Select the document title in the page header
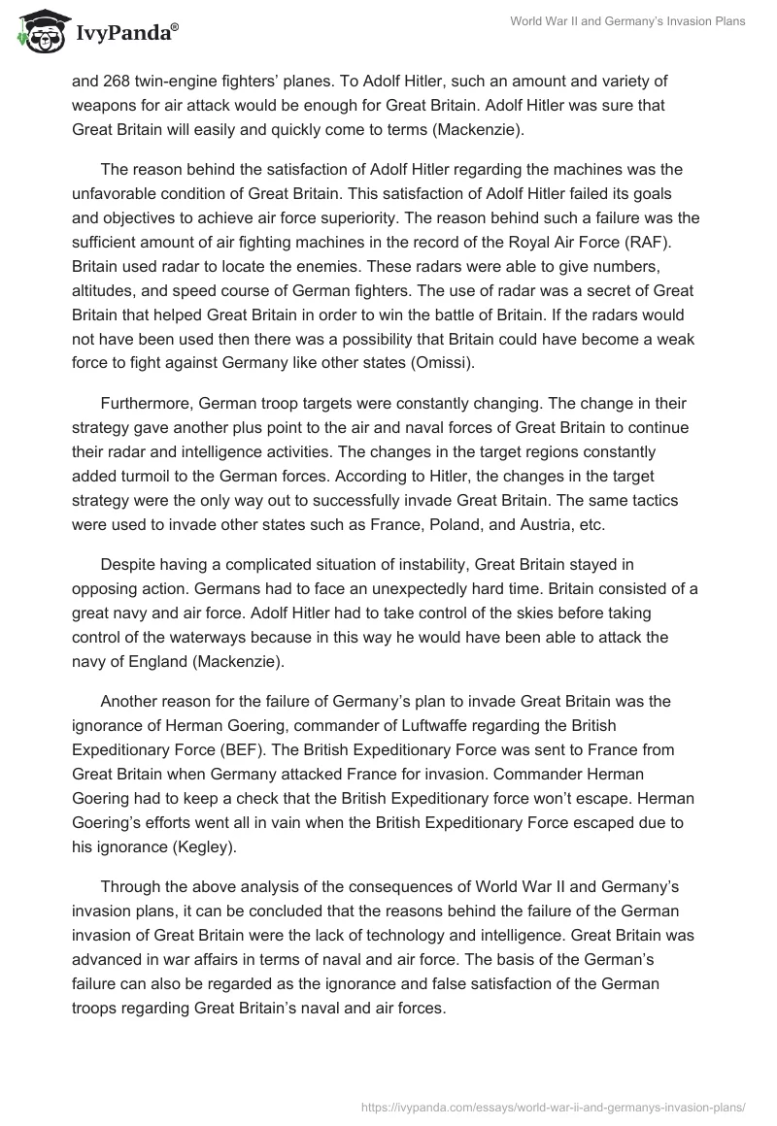[627, 21]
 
